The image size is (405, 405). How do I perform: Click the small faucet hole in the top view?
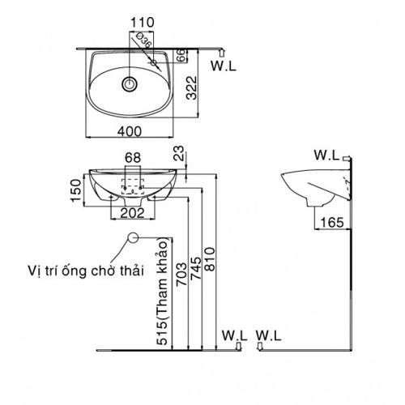pos(152,61)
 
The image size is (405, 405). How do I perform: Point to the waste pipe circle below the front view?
pos(133,237)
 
